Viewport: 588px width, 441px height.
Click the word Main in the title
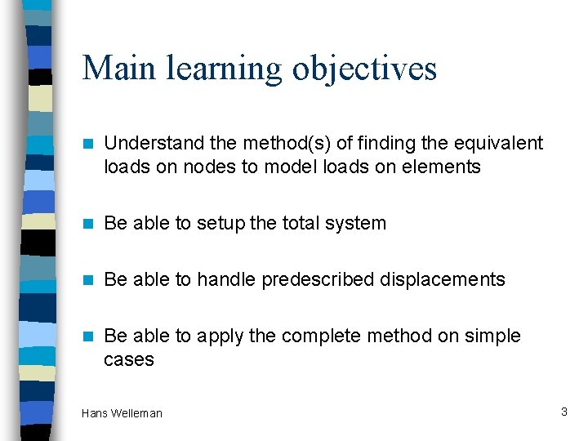pyautogui.click(x=118, y=68)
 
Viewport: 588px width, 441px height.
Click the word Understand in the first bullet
pyautogui.click(x=154, y=144)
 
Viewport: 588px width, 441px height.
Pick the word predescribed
pyautogui.click(x=318, y=279)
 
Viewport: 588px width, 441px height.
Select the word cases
pyautogui.click(x=129, y=359)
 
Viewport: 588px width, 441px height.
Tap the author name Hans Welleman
pyautogui.click(x=122, y=413)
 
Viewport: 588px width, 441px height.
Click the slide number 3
pyautogui.click(x=563, y=412)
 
